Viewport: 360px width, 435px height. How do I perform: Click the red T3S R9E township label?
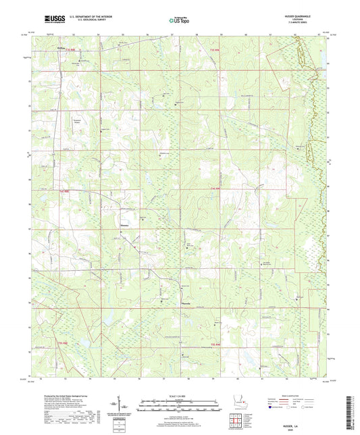pos(215,51)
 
